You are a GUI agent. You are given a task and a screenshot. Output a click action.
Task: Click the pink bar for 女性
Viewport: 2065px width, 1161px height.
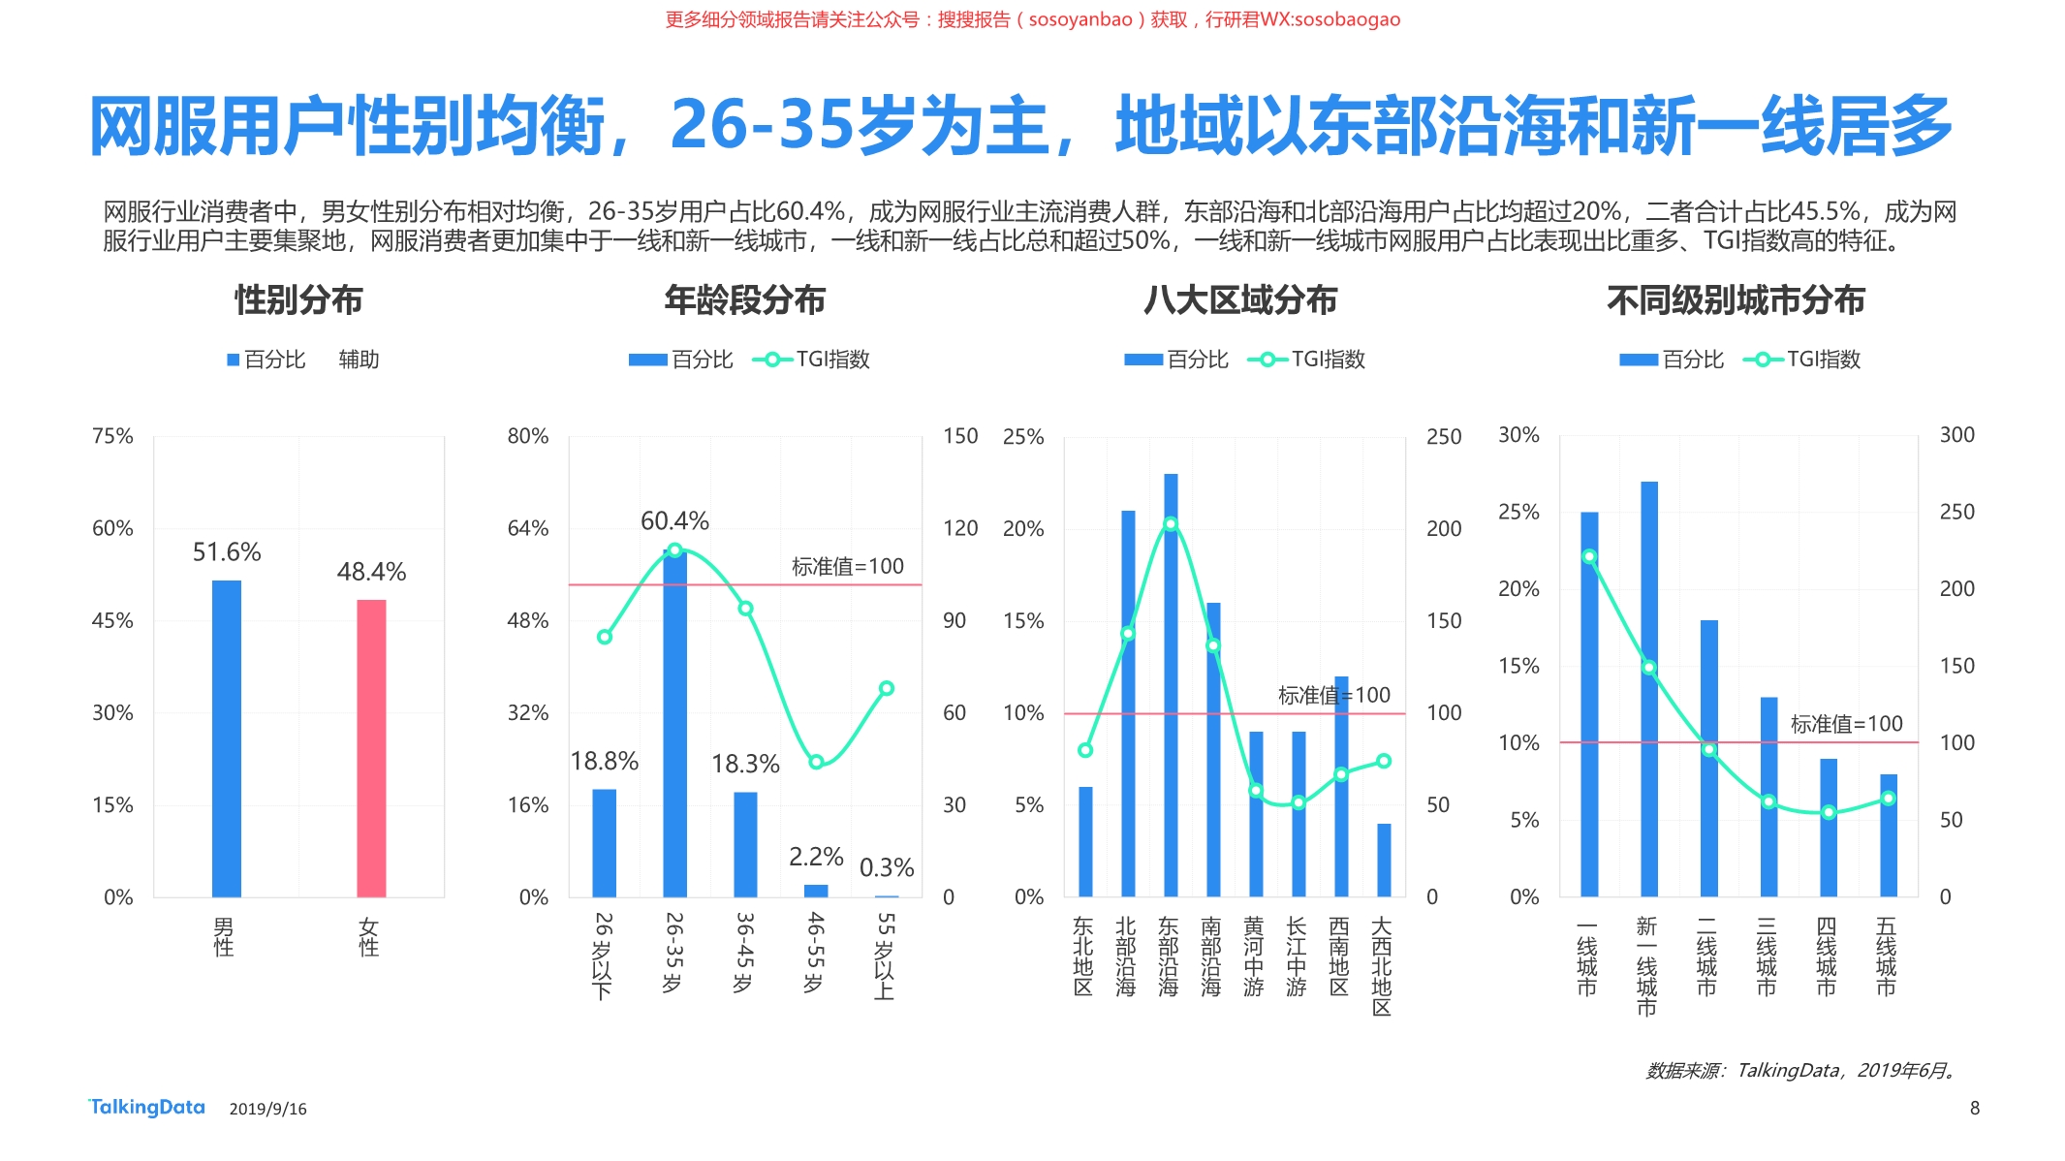(371, 748)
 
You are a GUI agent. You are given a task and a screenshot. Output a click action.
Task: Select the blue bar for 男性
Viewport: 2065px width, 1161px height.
(226, 738)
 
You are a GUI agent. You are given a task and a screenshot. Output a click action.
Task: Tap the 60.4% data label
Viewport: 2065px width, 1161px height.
(674, 521)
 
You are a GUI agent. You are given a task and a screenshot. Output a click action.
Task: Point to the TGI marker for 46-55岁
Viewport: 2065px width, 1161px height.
(816, 762)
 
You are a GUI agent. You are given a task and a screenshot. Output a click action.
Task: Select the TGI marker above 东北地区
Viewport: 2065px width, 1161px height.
(1085, 750)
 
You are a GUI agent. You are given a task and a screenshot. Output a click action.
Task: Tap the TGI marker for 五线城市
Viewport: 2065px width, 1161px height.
(1888, 799)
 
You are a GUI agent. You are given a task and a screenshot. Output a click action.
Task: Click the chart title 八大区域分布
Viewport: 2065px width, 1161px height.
(1239, 300)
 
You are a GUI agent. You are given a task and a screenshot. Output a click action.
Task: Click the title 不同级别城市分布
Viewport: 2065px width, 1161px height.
(1735, 300)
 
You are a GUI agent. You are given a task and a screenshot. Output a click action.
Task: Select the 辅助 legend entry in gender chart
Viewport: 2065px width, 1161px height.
(359, 360)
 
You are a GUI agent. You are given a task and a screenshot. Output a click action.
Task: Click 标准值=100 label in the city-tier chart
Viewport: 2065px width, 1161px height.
(1846, 724)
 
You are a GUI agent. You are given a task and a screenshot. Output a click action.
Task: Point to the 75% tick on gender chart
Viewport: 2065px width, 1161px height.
(112, 436)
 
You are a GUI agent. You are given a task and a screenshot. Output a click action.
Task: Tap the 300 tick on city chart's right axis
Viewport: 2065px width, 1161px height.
(1956, 435)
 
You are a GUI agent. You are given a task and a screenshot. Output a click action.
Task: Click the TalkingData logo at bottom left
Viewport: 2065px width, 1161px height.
(147, 1107)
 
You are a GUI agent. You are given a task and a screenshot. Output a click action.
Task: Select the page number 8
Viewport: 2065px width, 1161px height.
(1974, 1108)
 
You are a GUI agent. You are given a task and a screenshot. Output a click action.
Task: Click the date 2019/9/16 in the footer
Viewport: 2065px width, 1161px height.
(267, 1109)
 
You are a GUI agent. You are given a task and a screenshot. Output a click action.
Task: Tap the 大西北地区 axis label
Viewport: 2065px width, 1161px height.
(1382, 966)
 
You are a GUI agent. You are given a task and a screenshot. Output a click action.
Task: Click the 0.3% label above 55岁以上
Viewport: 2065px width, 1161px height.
(887, 867)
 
